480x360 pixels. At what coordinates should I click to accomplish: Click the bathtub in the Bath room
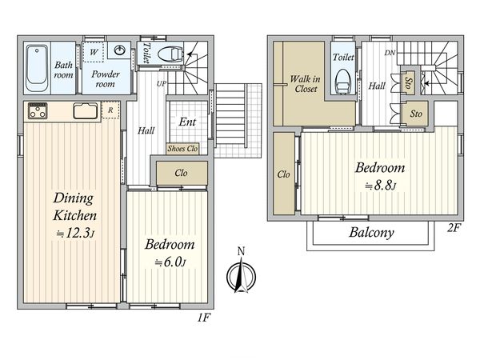tap(37, 68)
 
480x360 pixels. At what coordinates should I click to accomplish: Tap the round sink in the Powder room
tap(123, 50)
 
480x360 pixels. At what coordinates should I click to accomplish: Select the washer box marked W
tap(94, 52)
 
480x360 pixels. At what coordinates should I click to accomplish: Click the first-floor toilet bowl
tap(170, 54)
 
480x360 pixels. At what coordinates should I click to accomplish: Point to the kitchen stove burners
tap(38, 111)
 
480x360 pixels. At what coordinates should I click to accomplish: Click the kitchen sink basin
tap(86, 111)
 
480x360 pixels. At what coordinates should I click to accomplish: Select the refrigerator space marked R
tap(110, 110)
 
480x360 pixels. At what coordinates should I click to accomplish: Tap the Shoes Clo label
tap(182, 149)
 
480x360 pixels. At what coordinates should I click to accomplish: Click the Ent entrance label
tap(187, 122)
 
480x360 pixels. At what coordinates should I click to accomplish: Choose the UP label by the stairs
tap(162, 83)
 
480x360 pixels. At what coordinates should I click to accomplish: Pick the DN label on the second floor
tap(390, 53)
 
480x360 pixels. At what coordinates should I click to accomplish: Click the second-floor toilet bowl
tap(343, 82)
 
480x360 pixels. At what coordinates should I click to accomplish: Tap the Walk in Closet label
tap(306, 84)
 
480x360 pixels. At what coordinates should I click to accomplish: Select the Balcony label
tap(371, 232)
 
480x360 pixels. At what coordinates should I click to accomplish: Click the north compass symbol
tap(242, 274)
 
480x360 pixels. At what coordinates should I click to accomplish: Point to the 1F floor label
tap(203, 318)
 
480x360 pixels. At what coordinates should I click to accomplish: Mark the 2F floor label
tap(454, 228)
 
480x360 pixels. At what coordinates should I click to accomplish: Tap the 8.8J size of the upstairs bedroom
tap(381, 186)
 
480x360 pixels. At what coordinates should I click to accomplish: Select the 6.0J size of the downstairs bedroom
tap(170, 262)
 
